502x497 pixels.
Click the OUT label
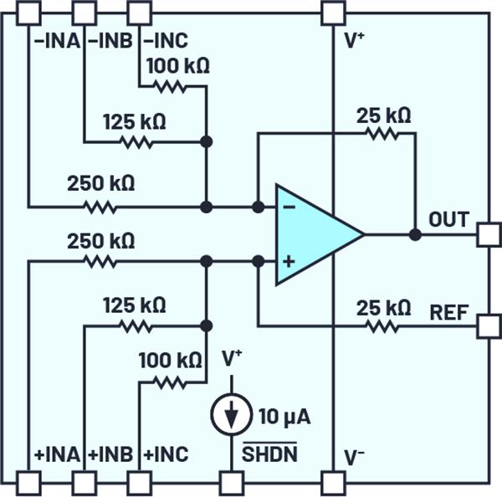[x=448, y=220]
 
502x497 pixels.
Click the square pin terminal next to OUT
[x=487, y=234]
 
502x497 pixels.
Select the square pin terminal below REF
[x=487, y=325]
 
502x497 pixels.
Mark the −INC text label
[x=166, y=39]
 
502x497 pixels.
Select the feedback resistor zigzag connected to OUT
[x=382, y=133]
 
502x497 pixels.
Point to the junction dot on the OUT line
[x=414, y=234]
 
